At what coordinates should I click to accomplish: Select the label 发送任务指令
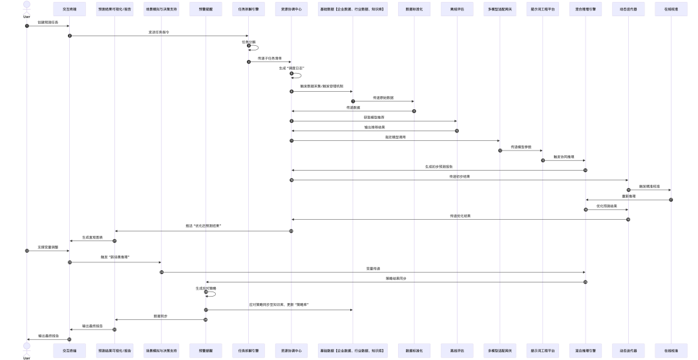pos(158,32)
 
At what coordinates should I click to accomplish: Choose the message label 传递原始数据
pos(383,98)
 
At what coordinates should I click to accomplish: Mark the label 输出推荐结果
pos(374,127)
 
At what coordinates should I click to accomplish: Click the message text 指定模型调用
pos(396,137)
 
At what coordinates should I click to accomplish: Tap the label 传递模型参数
pos(521,147)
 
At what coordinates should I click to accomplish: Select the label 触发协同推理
pos(564,157)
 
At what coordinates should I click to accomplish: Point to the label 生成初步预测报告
pos(438,167)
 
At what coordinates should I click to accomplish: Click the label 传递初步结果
pos(460,176)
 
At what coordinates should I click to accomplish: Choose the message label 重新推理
pos(628,196)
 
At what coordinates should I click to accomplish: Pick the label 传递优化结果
pos(460,216)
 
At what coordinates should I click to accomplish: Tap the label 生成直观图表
pos(92,237)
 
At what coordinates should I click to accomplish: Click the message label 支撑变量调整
pos(48,247)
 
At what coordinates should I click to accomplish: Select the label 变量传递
pos(374,268)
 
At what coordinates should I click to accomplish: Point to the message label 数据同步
pos(160,316)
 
